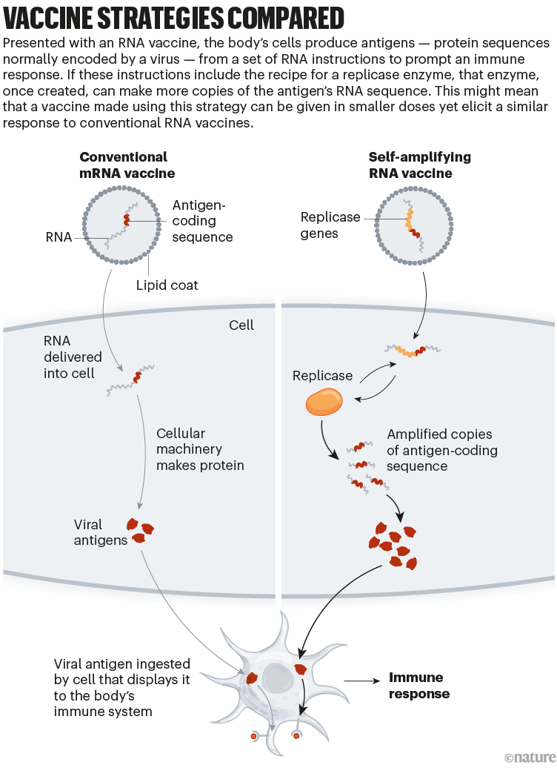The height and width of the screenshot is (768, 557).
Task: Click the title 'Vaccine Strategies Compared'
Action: click(x=173, y=17)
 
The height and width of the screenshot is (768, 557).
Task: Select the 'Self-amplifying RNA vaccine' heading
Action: click(x=419, y=165)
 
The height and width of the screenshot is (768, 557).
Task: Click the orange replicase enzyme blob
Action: click(x=324, y=403)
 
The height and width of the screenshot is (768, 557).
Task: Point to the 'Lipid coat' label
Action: click(x=167, y=285)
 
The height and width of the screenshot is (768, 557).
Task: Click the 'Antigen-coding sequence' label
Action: click(x=201, y=221)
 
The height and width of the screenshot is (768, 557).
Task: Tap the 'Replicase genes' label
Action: click(x=330, y=225)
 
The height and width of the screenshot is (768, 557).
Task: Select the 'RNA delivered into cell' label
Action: click(x=73, y=357)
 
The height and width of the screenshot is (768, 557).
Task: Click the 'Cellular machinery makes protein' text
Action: click(x=200, y=449)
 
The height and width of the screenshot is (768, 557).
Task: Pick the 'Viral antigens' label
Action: click(x=101, y=532)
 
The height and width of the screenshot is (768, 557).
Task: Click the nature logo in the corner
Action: click(x=529, y=757)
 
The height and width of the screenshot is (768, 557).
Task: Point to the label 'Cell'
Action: click(x=241, y=325)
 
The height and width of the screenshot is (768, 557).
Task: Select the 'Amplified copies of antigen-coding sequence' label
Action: click(x=441, y=450)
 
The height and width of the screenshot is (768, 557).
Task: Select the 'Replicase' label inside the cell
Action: click(x=322, y=376)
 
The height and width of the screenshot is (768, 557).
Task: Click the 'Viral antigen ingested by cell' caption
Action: click(x=111, y=688)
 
